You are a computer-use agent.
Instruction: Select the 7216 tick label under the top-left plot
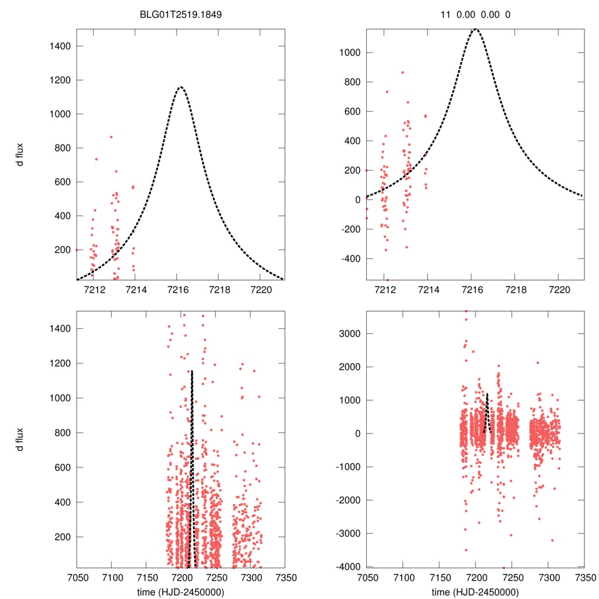[177, 290]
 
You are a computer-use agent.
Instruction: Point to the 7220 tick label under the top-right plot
[560, 290]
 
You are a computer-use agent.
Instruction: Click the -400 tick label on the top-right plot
[350, 259]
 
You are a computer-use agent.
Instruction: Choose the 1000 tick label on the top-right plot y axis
[350, 53]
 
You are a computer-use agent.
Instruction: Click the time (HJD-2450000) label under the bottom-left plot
[181, 592]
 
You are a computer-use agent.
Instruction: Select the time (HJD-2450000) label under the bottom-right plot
[475, 592]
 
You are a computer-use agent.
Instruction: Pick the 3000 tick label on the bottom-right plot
[350, 333]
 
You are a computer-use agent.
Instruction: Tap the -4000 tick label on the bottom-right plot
[348, 566]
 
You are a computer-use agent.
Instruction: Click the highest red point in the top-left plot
[111, 137]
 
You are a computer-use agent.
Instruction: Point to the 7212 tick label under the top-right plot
[385, 290]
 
